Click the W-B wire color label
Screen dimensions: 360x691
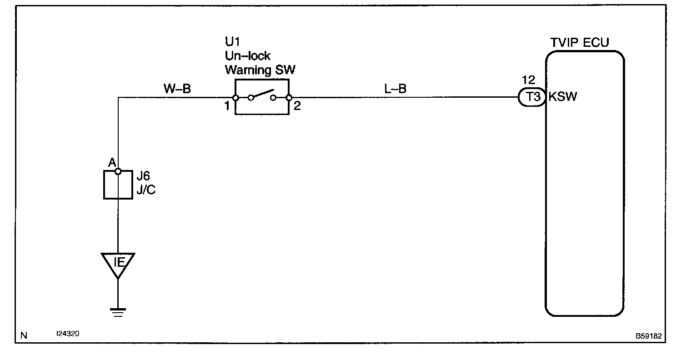click(177, 89)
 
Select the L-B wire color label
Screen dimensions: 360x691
click(395, 89)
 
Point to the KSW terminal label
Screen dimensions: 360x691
click(563, 97)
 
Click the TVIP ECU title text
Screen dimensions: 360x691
click(580, 43)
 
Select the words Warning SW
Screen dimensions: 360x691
click(260, 70)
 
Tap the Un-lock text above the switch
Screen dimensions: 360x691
click(248, 56)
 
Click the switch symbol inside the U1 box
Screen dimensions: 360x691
click(262, 96)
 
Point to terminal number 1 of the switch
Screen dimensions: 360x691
click(226, 107)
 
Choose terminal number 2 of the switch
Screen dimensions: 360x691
click(297, 107)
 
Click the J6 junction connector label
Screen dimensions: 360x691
click(143, 176)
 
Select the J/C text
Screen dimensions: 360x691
click(145, 190)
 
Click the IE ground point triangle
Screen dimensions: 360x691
click(118, 264)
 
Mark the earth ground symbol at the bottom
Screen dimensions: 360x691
click(118, 312)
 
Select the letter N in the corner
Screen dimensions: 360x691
click(24, 336)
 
